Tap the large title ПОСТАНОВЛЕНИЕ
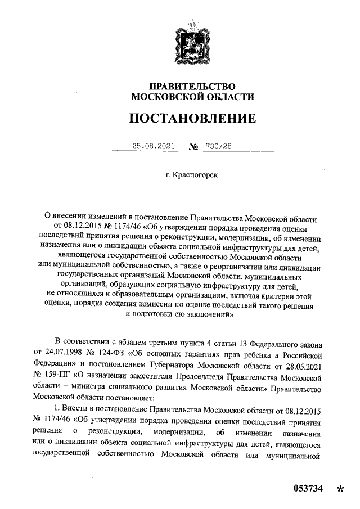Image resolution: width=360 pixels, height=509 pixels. tap(192, 119)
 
